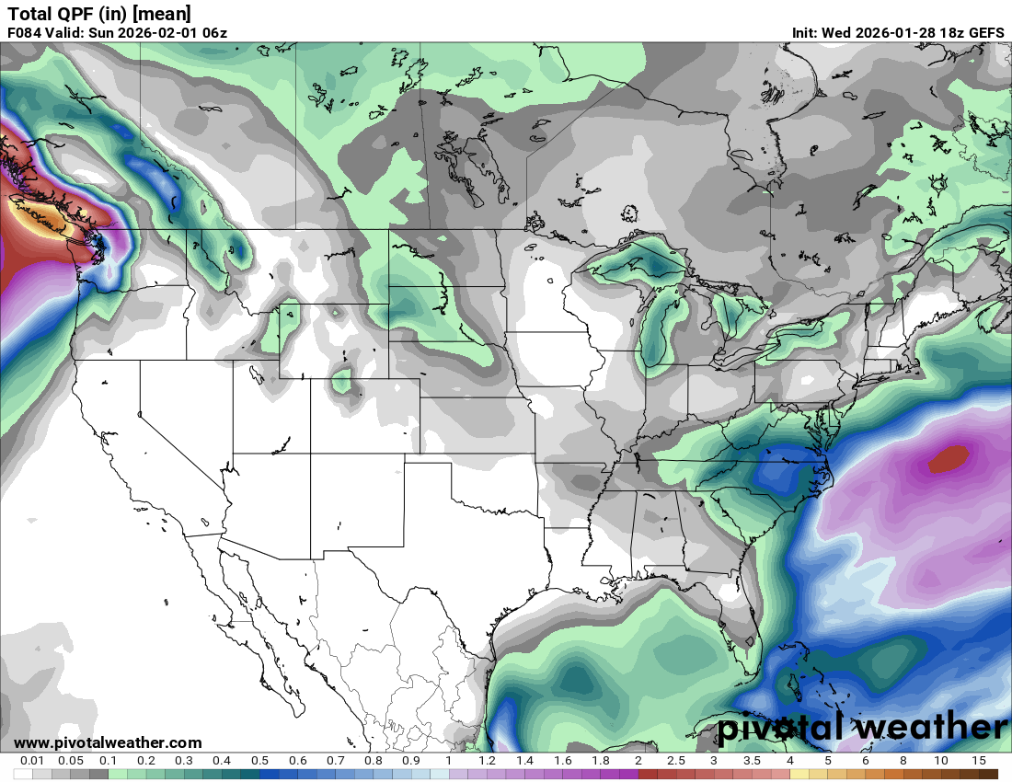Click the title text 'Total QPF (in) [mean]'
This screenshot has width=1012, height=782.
click(99, 13)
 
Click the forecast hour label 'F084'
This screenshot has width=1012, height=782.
click(26, 33)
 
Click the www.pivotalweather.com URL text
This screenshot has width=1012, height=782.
click(108, 742)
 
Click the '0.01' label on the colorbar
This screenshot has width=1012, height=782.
click(33, 761)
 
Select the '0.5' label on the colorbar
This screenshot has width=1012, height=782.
click(259, 761)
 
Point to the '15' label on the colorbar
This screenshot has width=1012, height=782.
click(978, 761)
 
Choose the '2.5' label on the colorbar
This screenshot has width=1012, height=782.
click(676, 761)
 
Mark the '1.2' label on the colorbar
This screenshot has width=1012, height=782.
click(487, 761)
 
